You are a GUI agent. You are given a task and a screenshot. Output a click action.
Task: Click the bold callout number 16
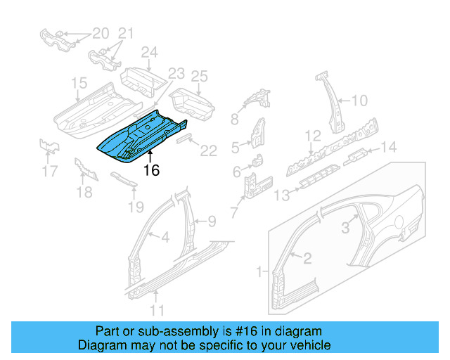click(152, 170)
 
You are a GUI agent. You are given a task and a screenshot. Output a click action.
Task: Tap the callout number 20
click(101, 33)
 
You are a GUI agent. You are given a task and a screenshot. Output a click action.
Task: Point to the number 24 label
click(149, 52)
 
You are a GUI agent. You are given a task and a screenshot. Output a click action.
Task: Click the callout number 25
click(200, 76)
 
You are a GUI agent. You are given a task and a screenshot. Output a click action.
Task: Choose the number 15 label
click(79, 84)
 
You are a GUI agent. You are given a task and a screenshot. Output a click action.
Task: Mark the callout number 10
click(359, 101)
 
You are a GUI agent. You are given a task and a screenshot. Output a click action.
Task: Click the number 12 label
click(312, 135)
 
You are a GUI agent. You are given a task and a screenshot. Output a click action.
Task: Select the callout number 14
click(388, 146)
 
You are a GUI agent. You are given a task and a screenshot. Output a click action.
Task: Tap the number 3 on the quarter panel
click(345, 227)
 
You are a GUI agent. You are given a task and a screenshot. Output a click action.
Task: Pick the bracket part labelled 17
click(48, 145)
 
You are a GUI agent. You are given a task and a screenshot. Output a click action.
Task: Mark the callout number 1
click(259, 271)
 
